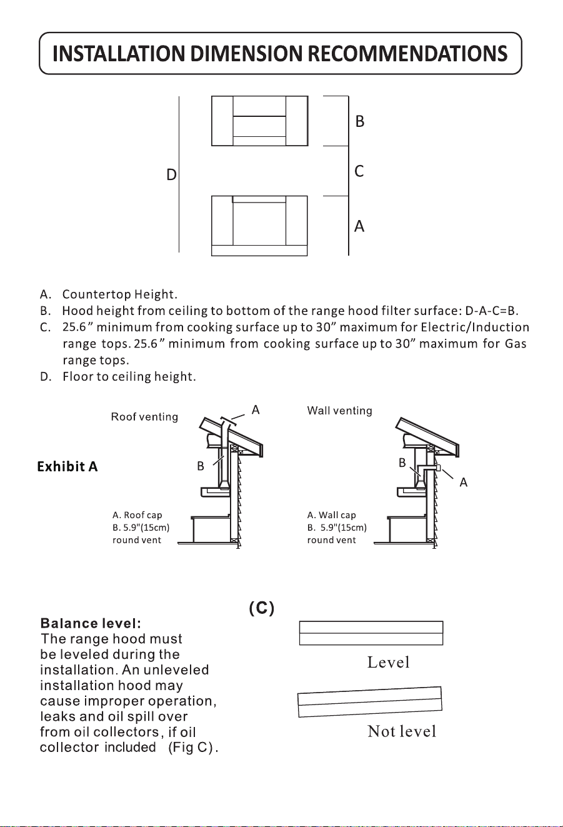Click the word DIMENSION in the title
[x=246, y=53]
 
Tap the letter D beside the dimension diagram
[x=171, y=174]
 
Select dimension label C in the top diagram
[x=359, y=171]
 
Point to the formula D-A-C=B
[x=491, y=311]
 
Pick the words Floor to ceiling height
[x=129, y=376]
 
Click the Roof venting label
[x=144, y=416]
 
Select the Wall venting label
[x=340, y=411]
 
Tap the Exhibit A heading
[x=67, y=467]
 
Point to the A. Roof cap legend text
[x=137, y=515]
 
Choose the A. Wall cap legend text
[x=332, y=515]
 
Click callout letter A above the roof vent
[x=256, y=410]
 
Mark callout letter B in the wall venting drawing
[x=402, y=463]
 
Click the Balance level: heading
[x=91, y=624]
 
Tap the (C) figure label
[x=262, y=608]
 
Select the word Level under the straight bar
[x=389, y=663]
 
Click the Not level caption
[x=402, y=731]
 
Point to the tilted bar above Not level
[x=370, y=702]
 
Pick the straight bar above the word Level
[x=371, y=633]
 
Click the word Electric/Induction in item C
[x=475, y=328]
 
